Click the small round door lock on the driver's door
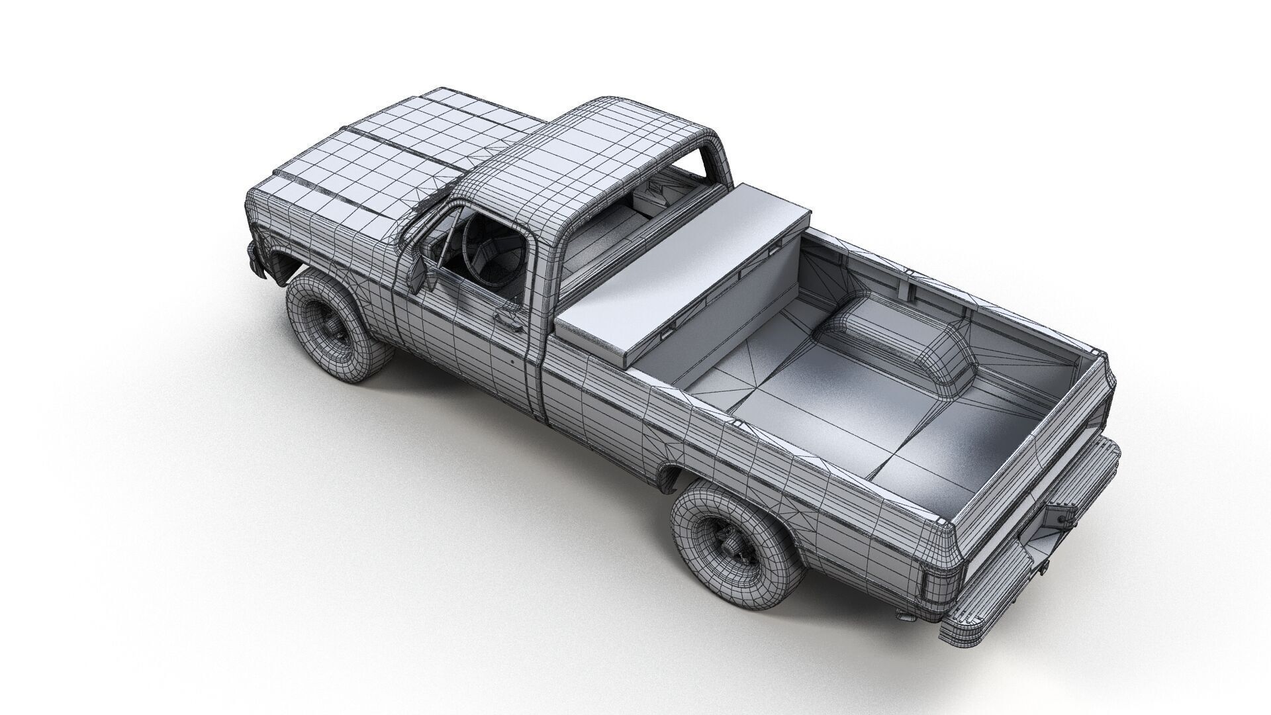point(514,363)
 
